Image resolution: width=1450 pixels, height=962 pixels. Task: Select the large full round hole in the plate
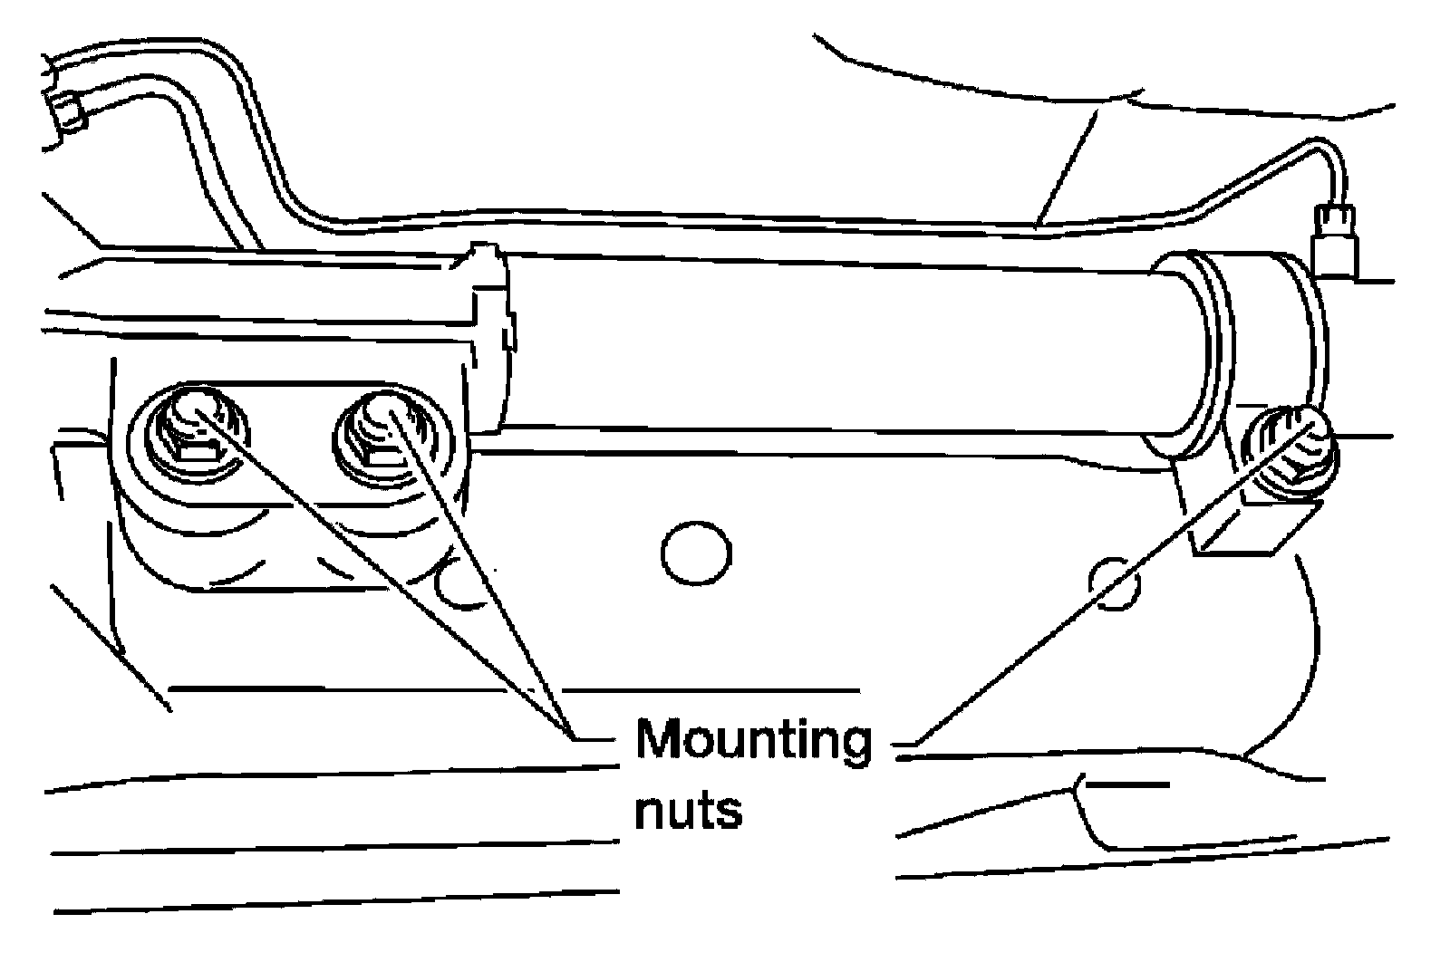point(696,553)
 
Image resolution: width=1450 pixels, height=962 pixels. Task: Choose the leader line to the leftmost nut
point(381,580)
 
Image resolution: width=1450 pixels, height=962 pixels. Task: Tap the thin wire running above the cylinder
point(725,220)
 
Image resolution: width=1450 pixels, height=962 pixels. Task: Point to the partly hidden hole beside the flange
point(453,584)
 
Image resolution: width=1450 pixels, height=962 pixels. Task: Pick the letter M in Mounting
point(659,741)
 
